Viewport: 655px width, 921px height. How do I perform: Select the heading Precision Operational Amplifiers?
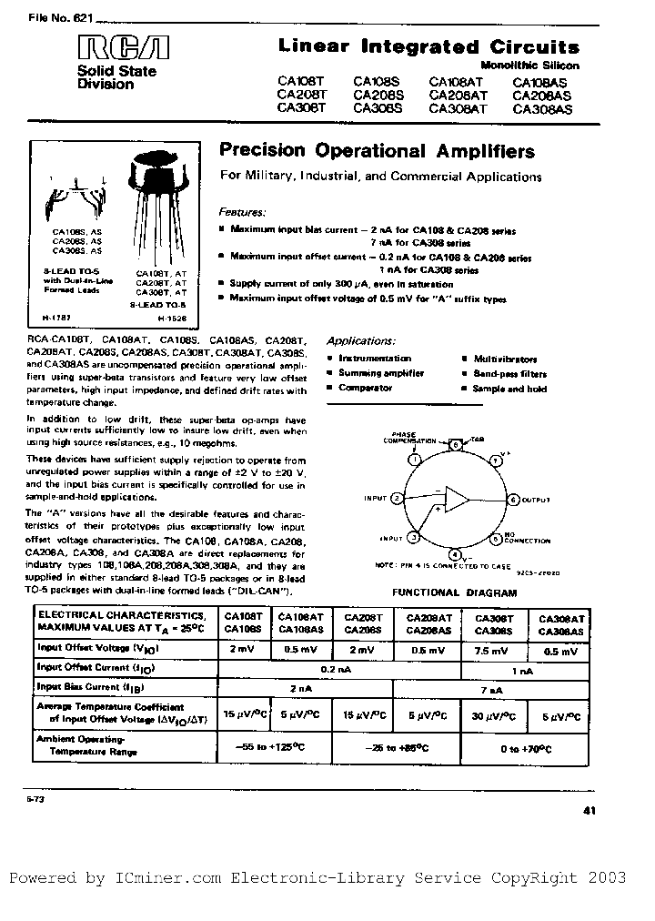pos(378,152)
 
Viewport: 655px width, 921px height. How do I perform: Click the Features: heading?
pos(246,209)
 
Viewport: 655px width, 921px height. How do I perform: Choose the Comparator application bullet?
pos(365,388)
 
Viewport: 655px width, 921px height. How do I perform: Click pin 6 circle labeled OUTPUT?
pos(513,500)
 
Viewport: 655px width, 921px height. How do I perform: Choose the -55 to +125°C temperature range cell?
pos(276,746)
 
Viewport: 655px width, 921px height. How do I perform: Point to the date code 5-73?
pos(23,797)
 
